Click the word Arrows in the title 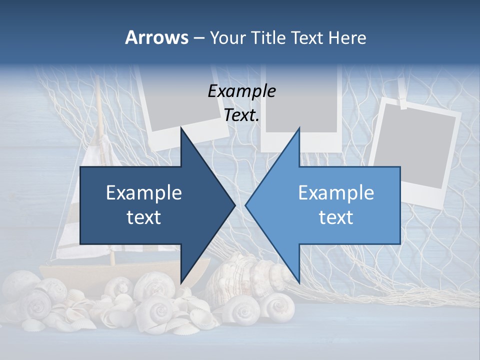click(156, 37)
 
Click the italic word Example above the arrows click(241, 91)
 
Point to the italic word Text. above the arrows click(241, 115)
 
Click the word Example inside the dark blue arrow click(144, 193)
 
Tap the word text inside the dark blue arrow click(144, 217)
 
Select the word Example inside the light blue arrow click(336, 193)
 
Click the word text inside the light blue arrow click(336, 217)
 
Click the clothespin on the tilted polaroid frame click(403, 102)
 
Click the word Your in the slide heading click(227, 37)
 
